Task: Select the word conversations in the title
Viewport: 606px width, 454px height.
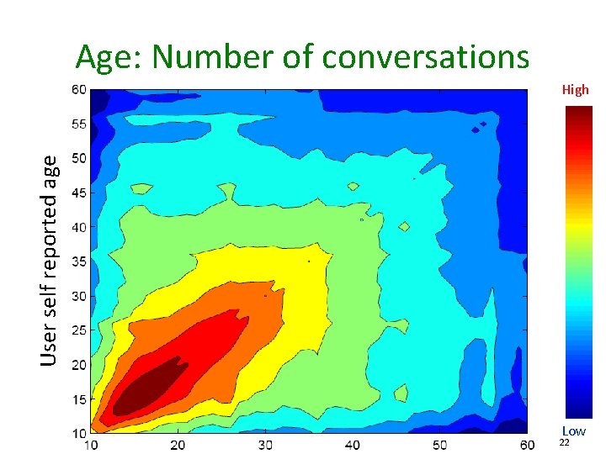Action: pyautogui.click(x=425, y=57)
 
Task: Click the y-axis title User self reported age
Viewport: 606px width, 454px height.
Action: pyautogui.click(x=51, y=260)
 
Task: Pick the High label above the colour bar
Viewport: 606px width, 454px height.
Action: pyautogui.click(x=576, y=90)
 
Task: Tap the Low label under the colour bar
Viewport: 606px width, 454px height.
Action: pyautogui.click(x=574, y=431)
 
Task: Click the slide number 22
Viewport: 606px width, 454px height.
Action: pyautogui.click(x=565, y=443)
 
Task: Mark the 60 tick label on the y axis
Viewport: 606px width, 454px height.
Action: pyautogui.click(x=78, y=90)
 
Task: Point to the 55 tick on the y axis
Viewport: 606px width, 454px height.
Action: pyautogui.click(x=78, y=124)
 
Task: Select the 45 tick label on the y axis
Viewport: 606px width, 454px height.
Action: pyautogui.click(x=78, y=193)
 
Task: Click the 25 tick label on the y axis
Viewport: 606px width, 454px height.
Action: pyautogui.click(x=78, y=330)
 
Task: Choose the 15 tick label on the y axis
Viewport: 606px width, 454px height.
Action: pyautogui.click(x=78, y=399)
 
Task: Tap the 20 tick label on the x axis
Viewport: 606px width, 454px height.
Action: pyautogui.click(x=178, y=444)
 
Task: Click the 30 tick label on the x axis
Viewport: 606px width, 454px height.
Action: pyautogui.click(x=266, y=444)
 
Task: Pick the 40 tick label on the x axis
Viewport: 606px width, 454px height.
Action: pyautogui.click(x=353, y=444)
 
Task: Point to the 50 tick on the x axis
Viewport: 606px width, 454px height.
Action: pyautogui.click(x=440, y=444)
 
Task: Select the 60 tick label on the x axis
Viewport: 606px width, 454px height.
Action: pyautogui.click(x=527, y=444)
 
